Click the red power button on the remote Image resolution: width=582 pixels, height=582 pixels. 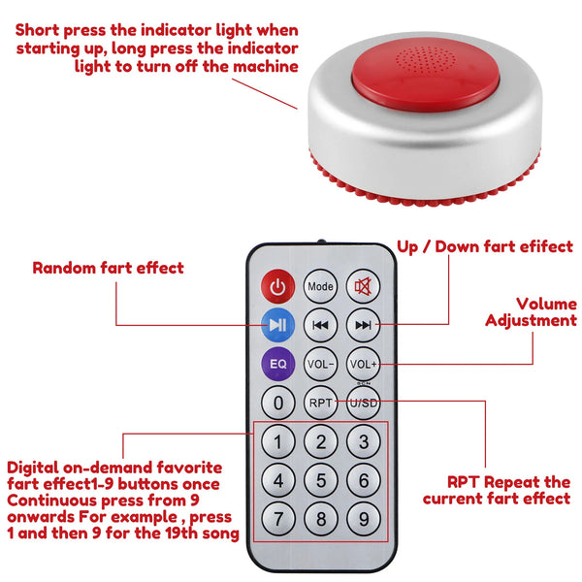(278, 286)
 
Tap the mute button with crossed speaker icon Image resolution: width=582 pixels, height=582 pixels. (363, 286)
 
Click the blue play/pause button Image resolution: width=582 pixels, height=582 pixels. (278, 324)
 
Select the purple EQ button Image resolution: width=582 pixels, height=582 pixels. (278, 363)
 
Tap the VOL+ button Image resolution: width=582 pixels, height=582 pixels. (363, 363)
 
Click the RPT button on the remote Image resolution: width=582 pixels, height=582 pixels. (320, 402)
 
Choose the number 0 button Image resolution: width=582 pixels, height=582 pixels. (278, 402)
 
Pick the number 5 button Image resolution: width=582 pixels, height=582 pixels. (320, 480)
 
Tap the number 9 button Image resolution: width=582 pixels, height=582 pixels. (363, 519)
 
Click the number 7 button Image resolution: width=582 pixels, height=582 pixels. (278, 519)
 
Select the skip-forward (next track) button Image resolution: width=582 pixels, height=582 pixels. (363, 324)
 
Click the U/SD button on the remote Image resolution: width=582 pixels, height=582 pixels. (363, 402)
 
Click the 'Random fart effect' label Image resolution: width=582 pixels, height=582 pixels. (108, 268)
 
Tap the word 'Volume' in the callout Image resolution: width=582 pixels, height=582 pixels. (546, 305)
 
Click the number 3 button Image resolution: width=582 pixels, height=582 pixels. (363, 441)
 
